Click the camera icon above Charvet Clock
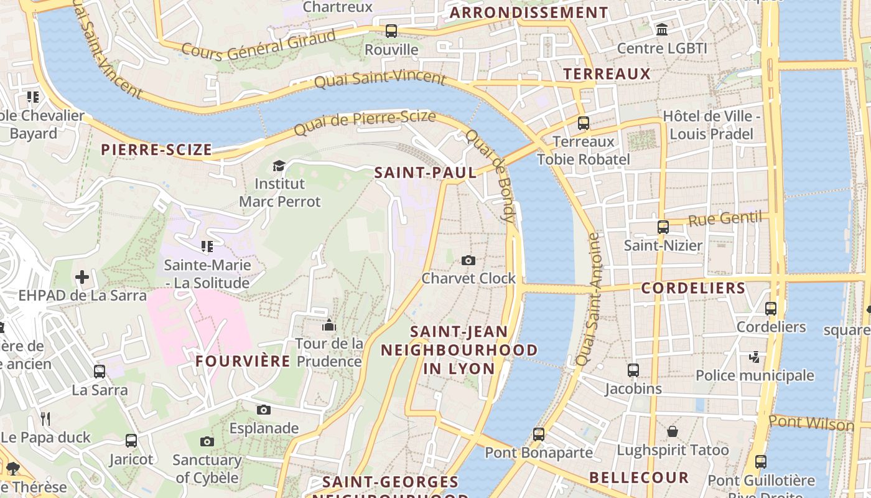pos(468,260)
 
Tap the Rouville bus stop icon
pos(391,31)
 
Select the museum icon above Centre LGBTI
pos(662,29)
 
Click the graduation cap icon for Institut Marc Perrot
pos(279,166)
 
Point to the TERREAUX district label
pos(607,74)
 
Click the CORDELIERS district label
pos(693,288)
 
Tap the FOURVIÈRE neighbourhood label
pos(243,361)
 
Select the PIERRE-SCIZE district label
pos(156,149)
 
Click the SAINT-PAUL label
pos(426,172)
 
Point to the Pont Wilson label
pos(811,423)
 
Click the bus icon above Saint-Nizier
pos(663,227)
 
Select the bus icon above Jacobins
pos(633,370)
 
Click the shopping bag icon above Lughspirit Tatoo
pos(673,431)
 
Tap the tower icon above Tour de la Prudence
pos(329,325)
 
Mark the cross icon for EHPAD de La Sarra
pos(82,277)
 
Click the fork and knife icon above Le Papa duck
pos(45,418)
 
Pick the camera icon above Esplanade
pos(264,410)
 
